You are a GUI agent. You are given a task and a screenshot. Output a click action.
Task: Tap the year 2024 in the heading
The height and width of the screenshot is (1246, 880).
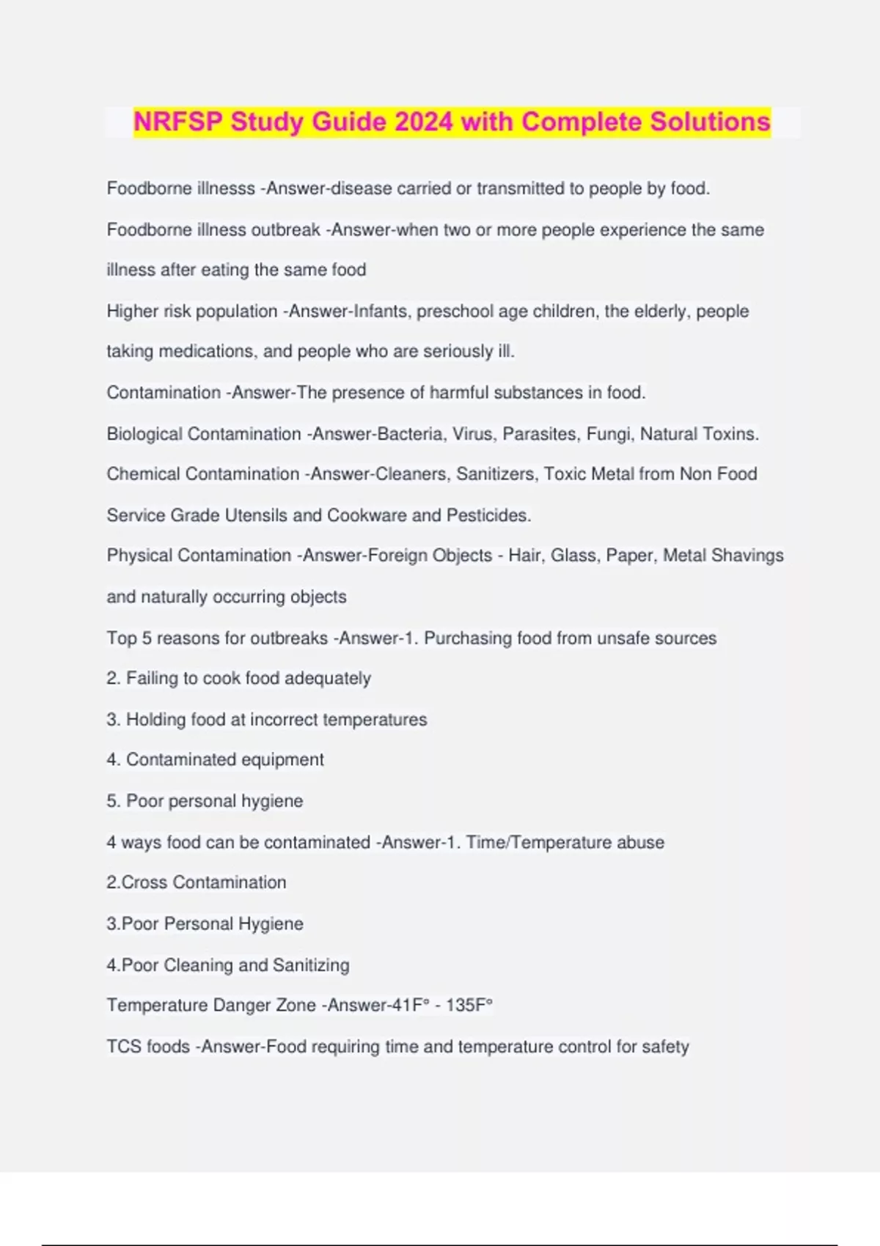click(x=424, y=122)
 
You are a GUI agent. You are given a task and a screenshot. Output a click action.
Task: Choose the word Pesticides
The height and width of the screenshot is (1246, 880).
click(x=488, y=515)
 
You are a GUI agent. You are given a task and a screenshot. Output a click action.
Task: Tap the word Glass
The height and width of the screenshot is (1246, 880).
click(x=573, y=556)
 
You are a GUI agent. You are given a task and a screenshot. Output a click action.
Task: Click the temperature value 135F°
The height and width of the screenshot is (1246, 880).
click(x=469, y=1006)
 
